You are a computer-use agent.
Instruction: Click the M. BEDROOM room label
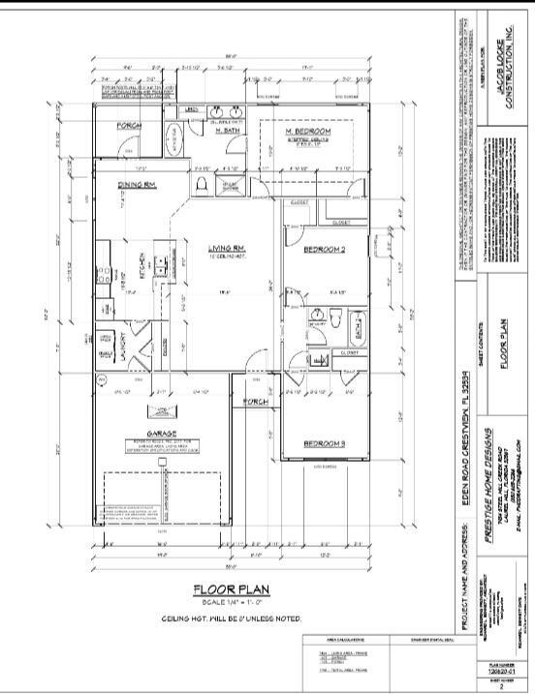[308, 131]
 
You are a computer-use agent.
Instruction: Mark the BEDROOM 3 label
[325, 443]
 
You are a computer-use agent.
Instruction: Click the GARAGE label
[161, 434]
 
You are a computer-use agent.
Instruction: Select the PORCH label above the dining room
[130, 126]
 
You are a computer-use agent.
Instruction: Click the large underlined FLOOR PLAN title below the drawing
[231, 588]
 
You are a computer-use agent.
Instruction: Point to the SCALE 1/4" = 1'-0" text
[231, 603]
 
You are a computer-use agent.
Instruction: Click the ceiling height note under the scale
[231, 618]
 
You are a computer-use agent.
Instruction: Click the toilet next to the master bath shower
[201, 181]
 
